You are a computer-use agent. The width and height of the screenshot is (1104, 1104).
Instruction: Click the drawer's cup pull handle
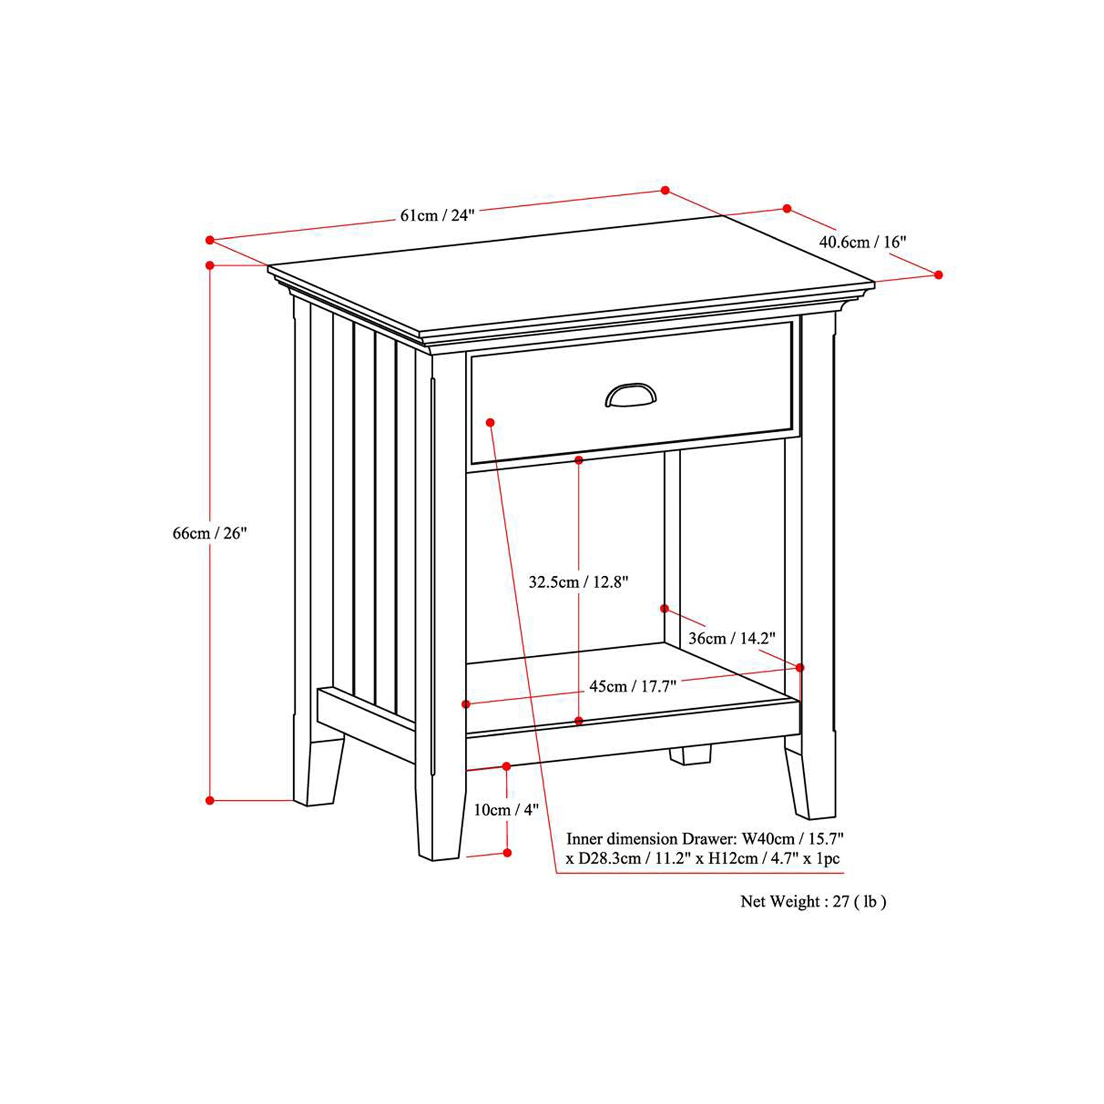pos(630,395)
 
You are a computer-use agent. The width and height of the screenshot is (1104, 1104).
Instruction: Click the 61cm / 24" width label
pos(437,215)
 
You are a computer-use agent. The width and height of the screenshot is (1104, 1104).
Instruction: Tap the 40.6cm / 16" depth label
pos(863,242)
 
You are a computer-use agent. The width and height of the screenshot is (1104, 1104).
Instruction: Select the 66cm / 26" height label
pos(210,533)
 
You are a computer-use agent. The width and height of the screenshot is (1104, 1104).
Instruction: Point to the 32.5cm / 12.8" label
pos(578,582)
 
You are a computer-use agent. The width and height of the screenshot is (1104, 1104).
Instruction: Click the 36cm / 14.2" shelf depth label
pos(731,638)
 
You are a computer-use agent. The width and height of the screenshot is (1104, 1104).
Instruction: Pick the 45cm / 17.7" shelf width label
pos(633,686)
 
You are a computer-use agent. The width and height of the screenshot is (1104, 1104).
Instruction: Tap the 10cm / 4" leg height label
pos(506,810)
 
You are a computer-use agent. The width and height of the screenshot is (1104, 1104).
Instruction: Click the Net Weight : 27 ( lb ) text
pos(813,902)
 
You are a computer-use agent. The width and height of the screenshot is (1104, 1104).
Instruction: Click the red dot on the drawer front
pos(490,422)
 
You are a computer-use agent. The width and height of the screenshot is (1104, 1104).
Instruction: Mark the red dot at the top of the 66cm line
pos(210,265)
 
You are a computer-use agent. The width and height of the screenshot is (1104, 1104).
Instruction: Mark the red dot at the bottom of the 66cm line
pos(210,800)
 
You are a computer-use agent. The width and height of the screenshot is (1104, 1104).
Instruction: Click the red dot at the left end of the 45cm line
pos(466,704)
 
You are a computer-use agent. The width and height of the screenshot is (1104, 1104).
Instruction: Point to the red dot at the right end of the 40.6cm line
pos(938,275)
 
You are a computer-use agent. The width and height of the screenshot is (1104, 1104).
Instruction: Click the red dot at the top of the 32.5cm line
pos(579,460)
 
